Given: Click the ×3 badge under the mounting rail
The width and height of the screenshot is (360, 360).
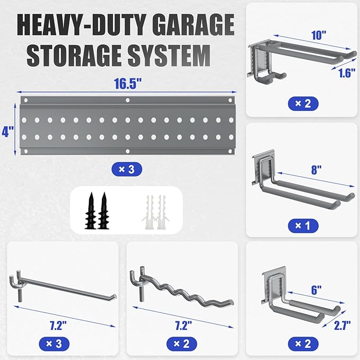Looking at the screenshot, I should click(127, 169).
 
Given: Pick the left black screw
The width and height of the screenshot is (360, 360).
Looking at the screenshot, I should click(91, 210).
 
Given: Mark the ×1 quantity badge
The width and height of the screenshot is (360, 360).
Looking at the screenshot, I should click(303, 225).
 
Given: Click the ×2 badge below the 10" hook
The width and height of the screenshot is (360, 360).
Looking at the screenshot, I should click(303, 103).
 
